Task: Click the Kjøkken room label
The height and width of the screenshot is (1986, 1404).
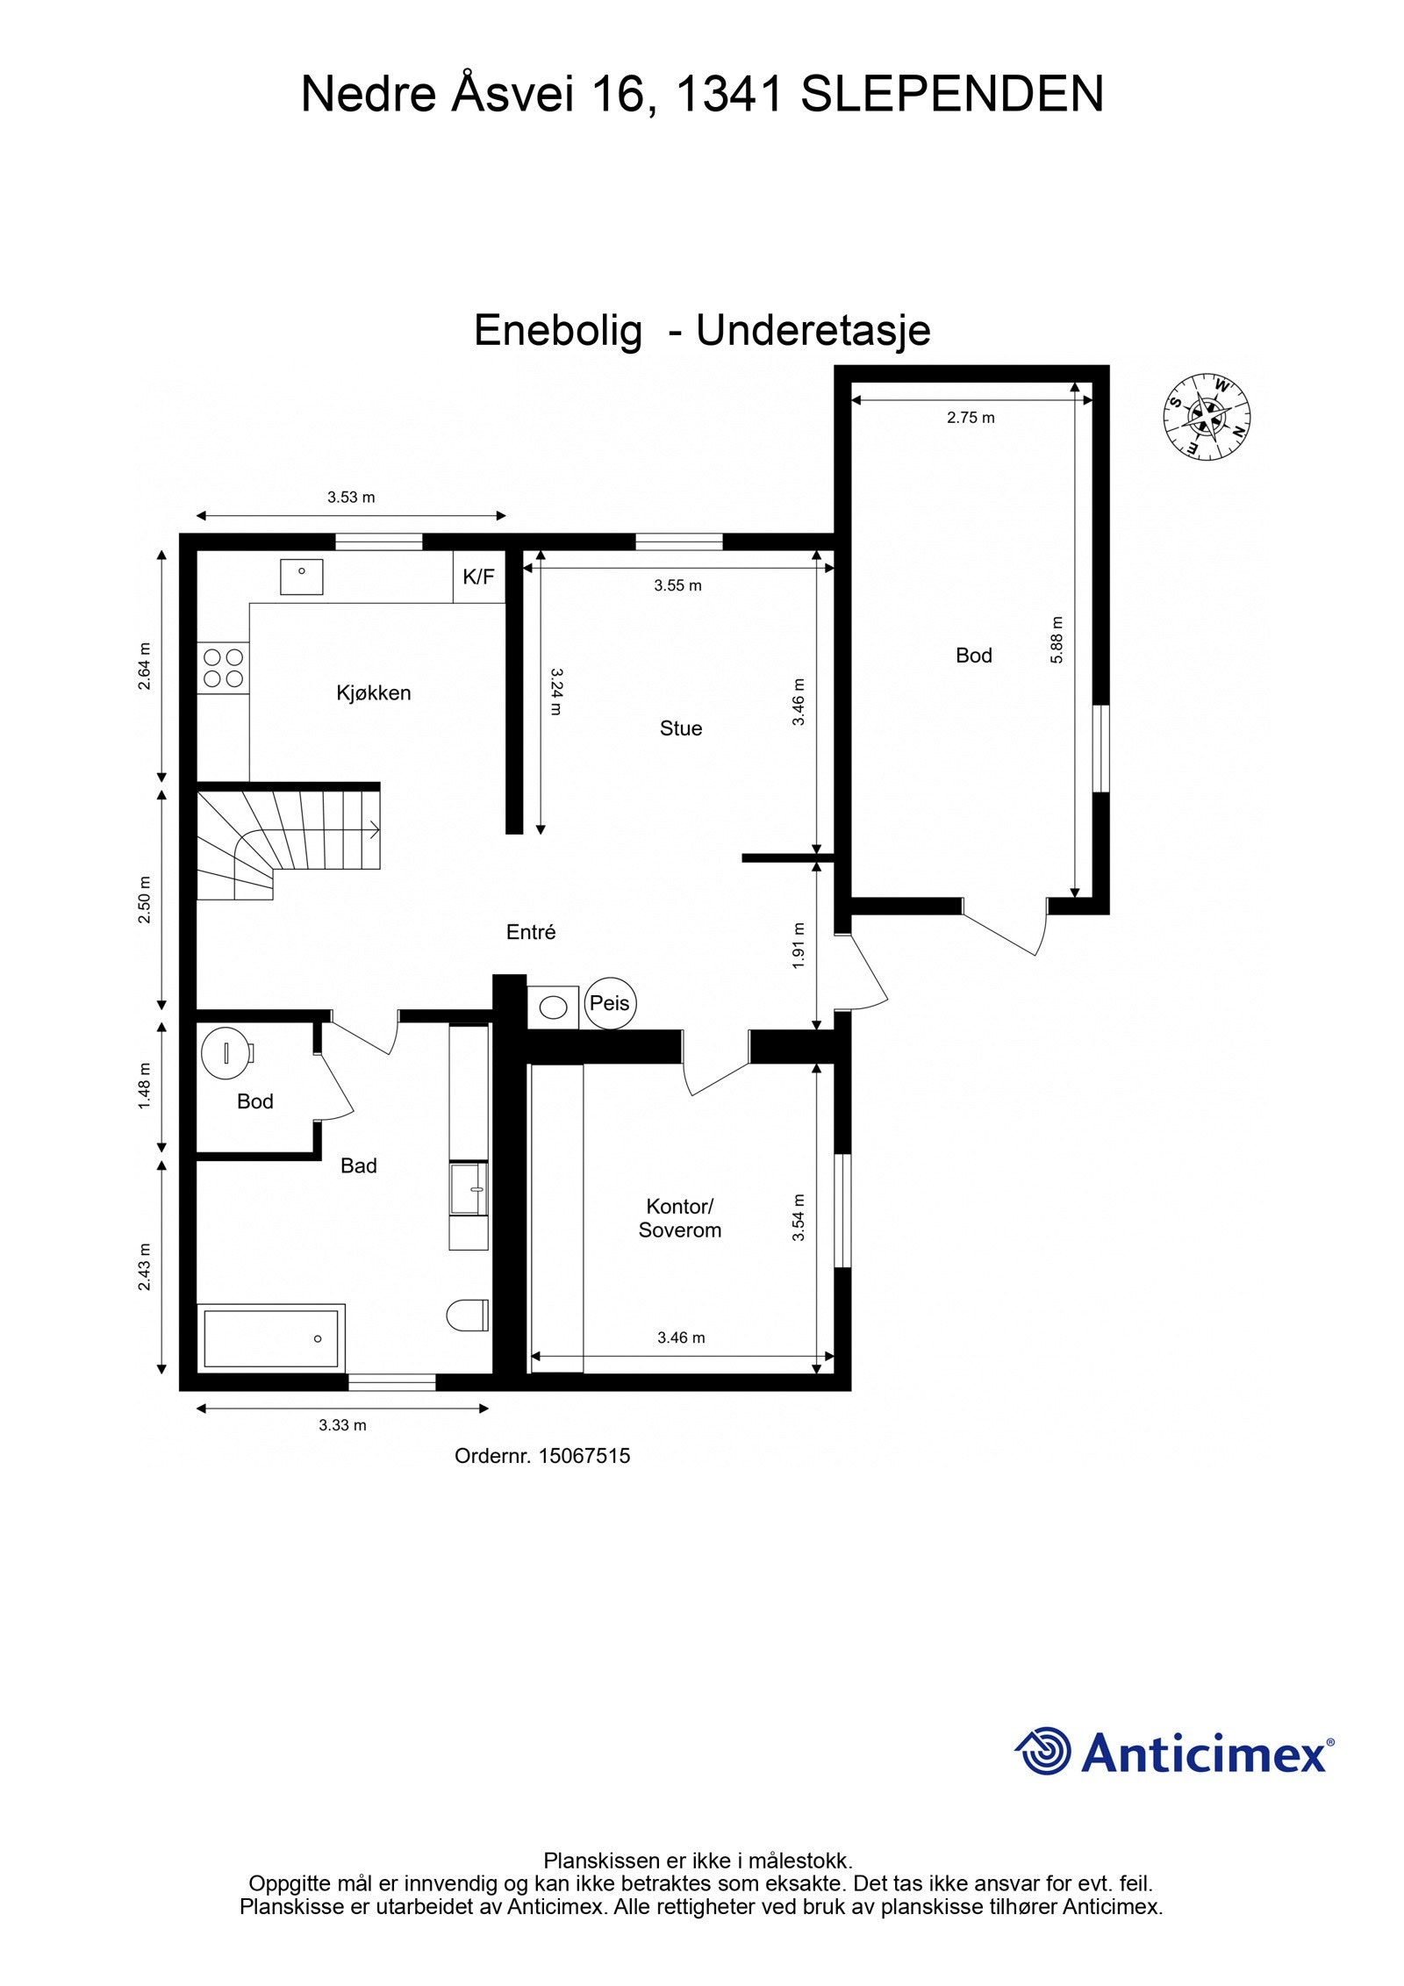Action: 373,693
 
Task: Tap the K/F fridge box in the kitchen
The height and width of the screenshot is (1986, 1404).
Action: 478,577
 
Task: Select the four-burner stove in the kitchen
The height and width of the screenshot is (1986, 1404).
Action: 223,667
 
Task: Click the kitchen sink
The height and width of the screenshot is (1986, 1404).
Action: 301,577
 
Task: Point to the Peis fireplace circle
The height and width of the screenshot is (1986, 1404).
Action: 609,1002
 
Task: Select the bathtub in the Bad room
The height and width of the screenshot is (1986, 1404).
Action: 270,1338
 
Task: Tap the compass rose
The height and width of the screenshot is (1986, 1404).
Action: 1206,416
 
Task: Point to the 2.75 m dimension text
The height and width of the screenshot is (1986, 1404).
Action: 971,418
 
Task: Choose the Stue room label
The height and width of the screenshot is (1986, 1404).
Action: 681,728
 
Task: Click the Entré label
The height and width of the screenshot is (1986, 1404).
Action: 531,932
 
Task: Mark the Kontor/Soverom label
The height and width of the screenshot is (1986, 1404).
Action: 680,1218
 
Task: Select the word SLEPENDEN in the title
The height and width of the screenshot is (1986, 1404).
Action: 952,94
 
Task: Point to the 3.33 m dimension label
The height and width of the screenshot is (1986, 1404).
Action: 342,1425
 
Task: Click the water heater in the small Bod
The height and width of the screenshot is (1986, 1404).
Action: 227,1050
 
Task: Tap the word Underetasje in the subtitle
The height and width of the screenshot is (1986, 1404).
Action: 813,331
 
